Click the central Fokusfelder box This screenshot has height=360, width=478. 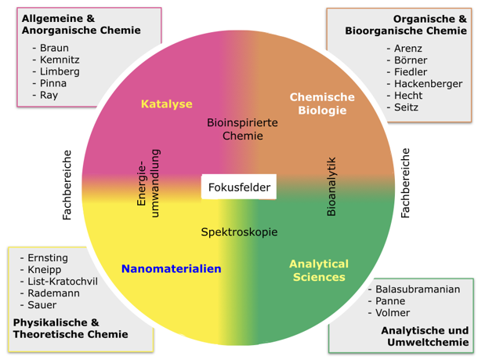coord(239,187)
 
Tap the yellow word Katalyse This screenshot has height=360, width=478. coord(166,104)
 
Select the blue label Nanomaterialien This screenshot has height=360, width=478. coord(171,268)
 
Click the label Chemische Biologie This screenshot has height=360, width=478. coord(322,104)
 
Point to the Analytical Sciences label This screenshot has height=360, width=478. coord(318,270)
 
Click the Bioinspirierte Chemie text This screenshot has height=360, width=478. coord(242,129)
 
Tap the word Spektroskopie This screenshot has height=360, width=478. coord(239,232)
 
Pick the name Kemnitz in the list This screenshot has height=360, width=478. coord(60,60)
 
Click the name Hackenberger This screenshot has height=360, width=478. coord(428,84)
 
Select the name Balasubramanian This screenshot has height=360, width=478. coord(418,289)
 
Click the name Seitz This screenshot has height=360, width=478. coord(406,107)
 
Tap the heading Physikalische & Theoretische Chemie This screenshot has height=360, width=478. coord(70,329)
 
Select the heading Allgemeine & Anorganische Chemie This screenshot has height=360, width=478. coord(81,24)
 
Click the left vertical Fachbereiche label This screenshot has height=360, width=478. coord(67,185)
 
